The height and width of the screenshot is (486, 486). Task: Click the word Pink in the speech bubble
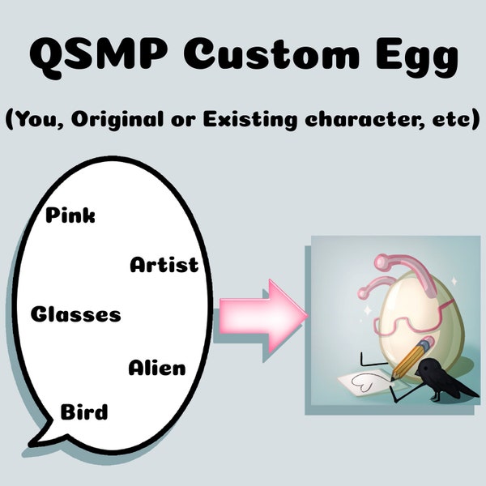point(70,215)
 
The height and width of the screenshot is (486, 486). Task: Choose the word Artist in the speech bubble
point(164,265)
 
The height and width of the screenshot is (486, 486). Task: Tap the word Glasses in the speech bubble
point(75,314)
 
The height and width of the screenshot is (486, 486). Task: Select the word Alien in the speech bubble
point(156,369)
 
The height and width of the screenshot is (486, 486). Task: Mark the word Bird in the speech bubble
point(84,412)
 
